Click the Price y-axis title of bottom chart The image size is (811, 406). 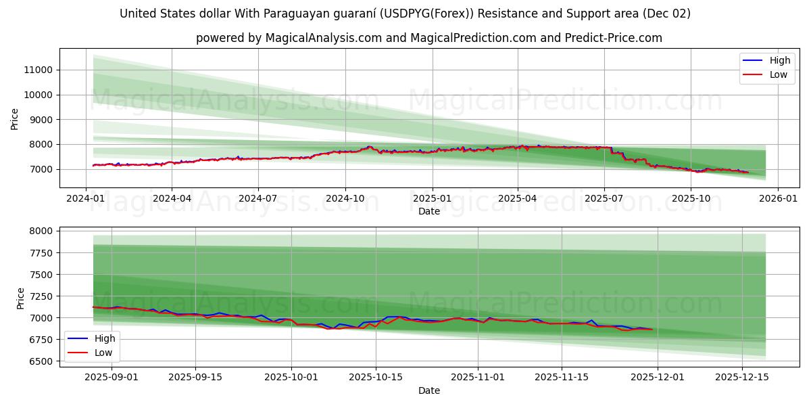coord(20,298)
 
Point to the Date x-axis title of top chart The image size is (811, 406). coord(429,211)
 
